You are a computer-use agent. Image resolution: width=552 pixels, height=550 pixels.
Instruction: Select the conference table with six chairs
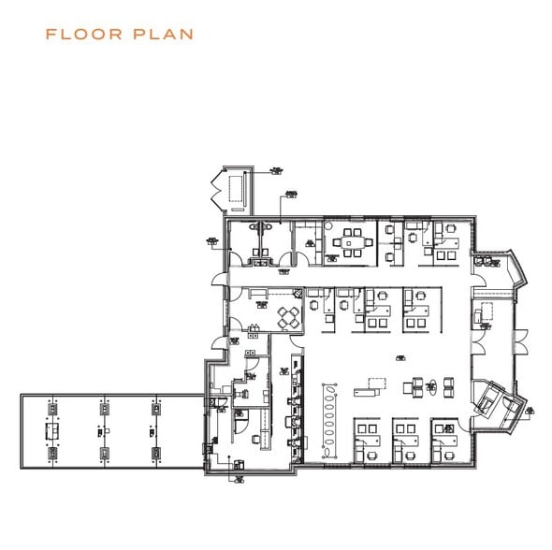pyautogui.click(x=352, y=240)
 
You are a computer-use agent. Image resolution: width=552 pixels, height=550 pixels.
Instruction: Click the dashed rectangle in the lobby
pyautogui.click(x=376, y=384)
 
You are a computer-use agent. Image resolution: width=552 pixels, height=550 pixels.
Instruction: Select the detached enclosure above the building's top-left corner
pyautogui.click(x=231, y=191)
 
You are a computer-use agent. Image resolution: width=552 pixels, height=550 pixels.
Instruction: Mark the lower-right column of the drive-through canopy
pyautogui.click(x=155, y=456)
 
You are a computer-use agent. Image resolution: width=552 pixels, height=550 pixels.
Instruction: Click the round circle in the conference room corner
pyautogui.click(x=328, y=224)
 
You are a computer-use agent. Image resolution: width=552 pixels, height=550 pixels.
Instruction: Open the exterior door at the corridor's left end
pyautogui.click(x=218, y=279)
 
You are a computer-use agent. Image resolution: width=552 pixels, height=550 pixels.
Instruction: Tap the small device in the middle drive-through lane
pyautogui.click(x=102, y=432)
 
